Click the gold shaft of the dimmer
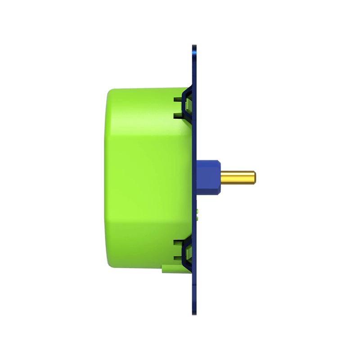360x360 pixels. [238, 177]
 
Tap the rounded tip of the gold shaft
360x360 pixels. [255, 177]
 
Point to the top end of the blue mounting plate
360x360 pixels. [194, 47]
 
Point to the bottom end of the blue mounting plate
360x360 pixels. [194, 312]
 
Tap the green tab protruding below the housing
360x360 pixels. [167, 269]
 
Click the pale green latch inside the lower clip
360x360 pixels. [189, 252]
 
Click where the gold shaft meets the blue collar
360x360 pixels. [221, 177]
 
